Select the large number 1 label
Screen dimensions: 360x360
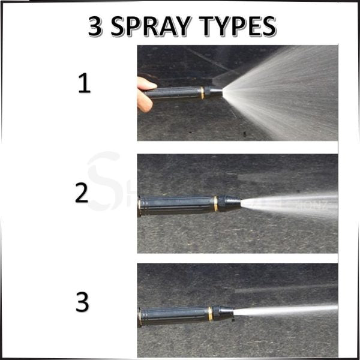click(85, 84)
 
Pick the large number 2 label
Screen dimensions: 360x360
click(82, 193)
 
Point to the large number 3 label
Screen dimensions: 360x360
click(82, 302)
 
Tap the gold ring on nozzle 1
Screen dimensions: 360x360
click(202, 92)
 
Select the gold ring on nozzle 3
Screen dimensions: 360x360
click(209, 313)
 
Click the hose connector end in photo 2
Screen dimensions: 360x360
click(140, 205)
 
